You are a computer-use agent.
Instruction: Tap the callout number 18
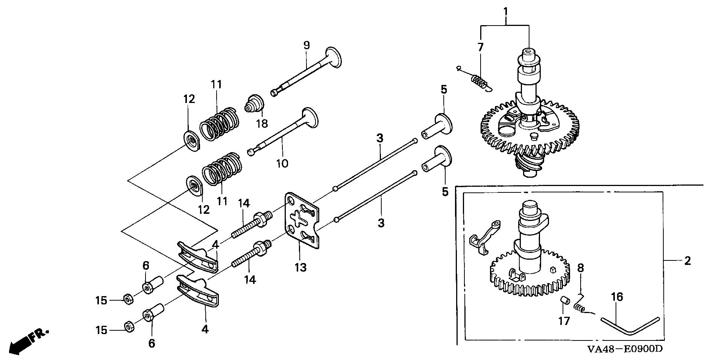click(262, 123)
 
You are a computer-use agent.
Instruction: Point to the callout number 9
click(306, 46)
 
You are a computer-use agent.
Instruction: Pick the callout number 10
click(282, 163)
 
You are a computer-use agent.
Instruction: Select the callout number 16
click(617, 297)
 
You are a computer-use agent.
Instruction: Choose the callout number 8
click(581, 268)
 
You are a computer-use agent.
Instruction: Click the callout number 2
click(687, 261)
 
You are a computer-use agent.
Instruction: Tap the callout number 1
click(506, 12)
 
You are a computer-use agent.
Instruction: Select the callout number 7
click(480, 47)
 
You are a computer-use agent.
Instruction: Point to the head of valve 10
click(310, 117)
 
